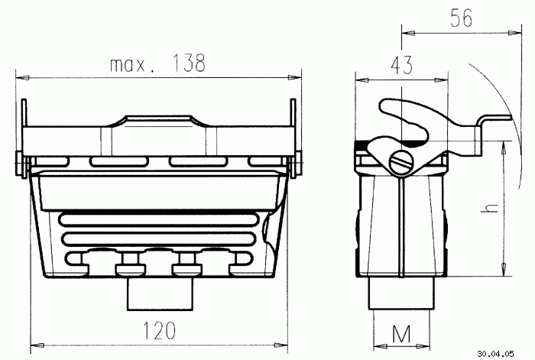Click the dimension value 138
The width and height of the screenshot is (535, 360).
click(x=189, y=63)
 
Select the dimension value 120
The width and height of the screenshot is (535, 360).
click(x=159, y=330)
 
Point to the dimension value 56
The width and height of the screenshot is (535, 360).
click(x=462, y=18)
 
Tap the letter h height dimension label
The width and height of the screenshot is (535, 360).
click(x=490, y=208)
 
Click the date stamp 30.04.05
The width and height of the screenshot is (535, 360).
click(x=495, y=354)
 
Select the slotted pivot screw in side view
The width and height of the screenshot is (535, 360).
click(x=401, y=163)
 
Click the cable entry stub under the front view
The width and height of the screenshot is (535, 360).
click(x=160, y=294)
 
